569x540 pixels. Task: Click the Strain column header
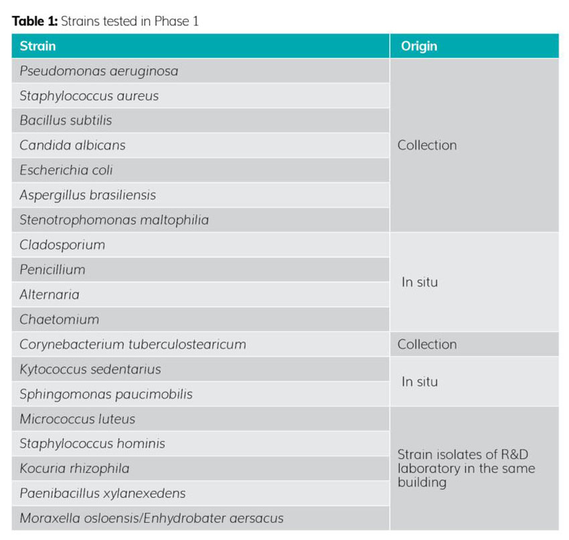coord(37,46)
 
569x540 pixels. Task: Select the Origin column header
coord(418,46)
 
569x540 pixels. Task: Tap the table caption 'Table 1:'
coord(35,21)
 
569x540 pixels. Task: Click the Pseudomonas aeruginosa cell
coord(98,71)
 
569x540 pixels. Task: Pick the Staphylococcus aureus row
coord(89,96)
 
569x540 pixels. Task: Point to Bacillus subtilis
coord(66,120)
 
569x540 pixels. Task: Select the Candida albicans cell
coord(72,145)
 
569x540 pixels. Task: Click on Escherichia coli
coord(66,170)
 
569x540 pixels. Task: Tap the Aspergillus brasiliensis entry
coord(87,195)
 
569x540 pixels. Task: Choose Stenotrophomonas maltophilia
coord(114,220)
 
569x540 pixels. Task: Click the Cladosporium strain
coord(62,245)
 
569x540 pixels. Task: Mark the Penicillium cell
coord(52,270)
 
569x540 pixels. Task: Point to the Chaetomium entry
coord(59,319)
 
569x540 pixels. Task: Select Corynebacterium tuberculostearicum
coord(133,345)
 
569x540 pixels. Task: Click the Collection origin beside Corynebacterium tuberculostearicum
coord(427,345)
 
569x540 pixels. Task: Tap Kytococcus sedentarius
coord(90,369)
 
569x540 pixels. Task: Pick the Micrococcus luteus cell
coord(77,419)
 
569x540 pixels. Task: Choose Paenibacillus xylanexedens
coord(102,493)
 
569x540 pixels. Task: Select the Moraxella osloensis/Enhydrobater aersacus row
coord(151,518)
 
